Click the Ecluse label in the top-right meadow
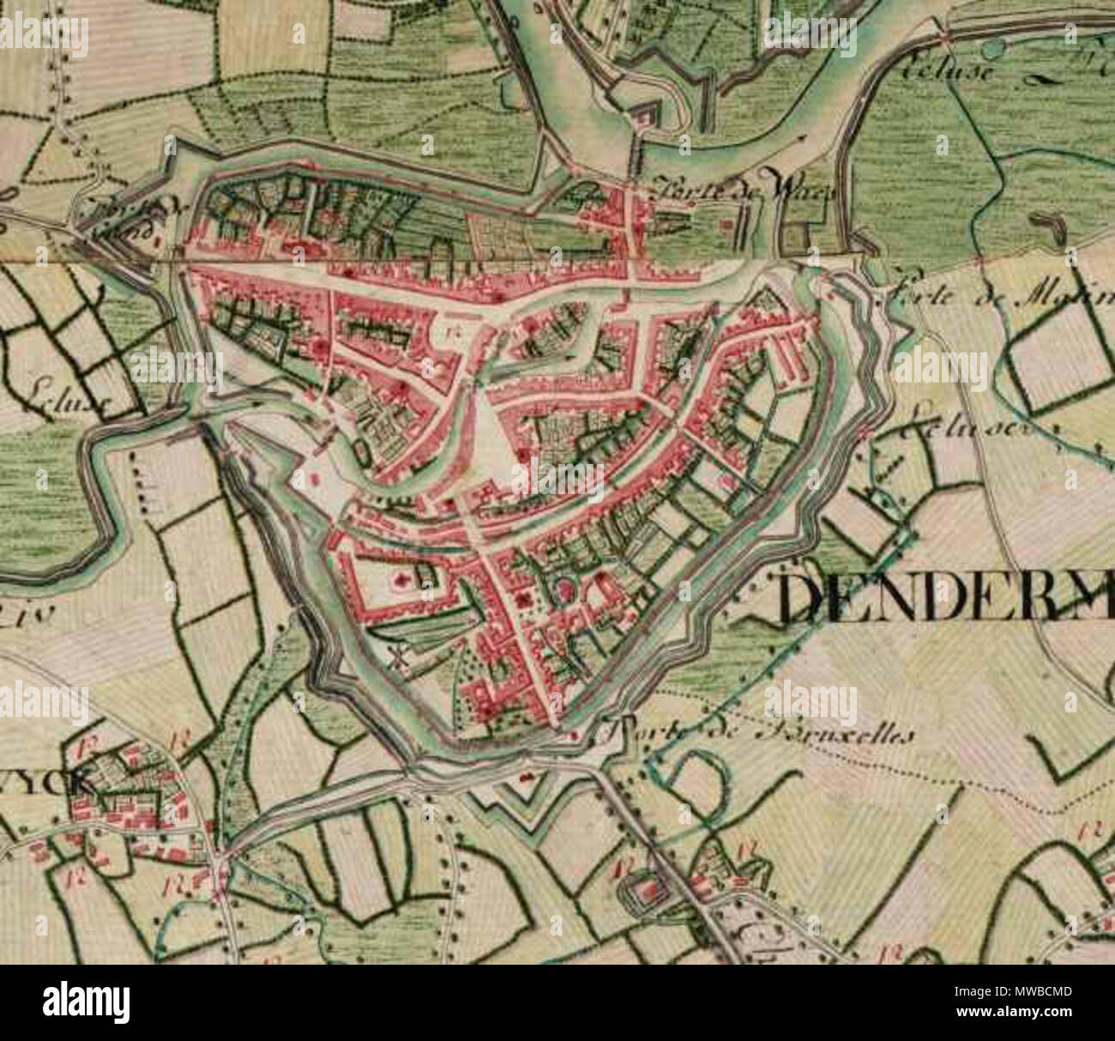948,69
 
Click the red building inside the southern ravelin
526,779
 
